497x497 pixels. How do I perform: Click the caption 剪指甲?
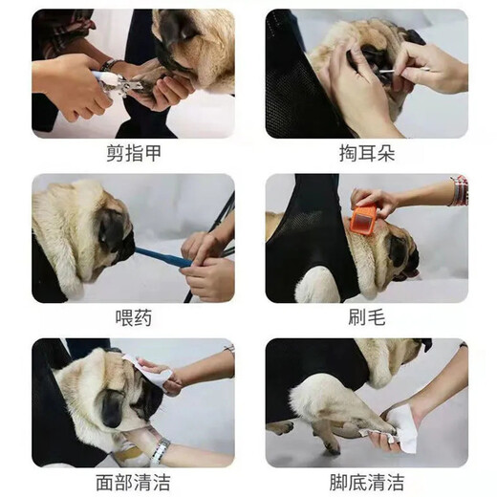click(132, 154)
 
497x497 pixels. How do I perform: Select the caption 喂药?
click(132, 318)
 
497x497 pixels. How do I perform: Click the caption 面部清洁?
click(132, 481)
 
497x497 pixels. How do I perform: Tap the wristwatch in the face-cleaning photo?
click(159, 449)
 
